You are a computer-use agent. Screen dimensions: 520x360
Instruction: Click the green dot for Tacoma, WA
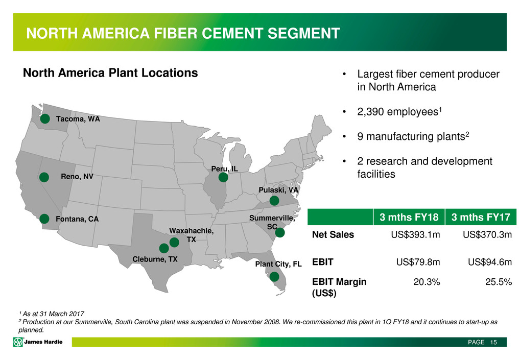click(45, 118)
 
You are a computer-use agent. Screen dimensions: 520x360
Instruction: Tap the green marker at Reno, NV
click(44, 177)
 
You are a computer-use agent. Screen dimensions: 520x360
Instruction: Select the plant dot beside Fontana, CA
click(44, 219)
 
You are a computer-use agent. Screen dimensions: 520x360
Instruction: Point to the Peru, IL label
click(225, 169)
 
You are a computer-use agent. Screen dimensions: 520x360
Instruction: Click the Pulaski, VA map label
click(278, 190)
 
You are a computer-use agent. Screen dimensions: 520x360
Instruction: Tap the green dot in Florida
click(274, 276)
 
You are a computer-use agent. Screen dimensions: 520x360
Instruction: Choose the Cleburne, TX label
click(155, 259)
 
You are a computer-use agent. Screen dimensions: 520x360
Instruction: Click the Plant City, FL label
click(278, 264)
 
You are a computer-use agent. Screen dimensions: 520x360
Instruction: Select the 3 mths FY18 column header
click(409, 217)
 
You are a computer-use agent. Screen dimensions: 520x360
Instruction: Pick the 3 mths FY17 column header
click(481, 217)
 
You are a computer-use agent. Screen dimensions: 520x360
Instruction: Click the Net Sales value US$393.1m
click(415, 235)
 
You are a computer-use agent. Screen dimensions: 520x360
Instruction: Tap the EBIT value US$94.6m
click(490, 262)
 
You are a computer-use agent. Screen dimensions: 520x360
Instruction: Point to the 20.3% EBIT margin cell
click(427, 282)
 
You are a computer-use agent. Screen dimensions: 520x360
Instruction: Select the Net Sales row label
click(333, 235)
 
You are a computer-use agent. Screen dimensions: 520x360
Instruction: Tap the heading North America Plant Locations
click(110, 73)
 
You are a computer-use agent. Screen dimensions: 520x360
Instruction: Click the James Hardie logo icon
click(18, 342)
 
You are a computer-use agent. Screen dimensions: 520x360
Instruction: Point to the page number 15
click(493, 342)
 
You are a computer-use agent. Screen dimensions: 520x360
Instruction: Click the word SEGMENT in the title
click(304, 33)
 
